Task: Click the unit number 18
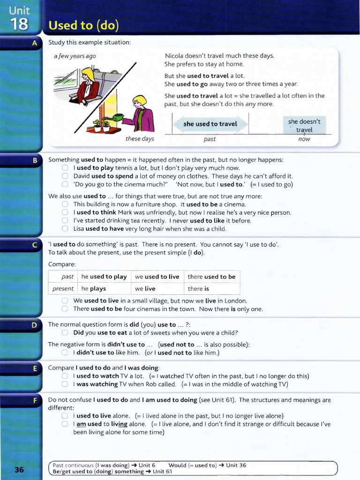20,24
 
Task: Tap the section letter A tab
35,43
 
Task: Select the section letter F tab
35,400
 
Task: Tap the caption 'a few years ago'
75,56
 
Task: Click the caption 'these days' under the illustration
140,139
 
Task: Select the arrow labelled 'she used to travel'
210,124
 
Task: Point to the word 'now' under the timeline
304,139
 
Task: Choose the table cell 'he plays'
94,289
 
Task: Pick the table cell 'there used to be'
211,277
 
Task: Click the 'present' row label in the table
63,289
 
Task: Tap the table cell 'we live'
145,289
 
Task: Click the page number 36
19,469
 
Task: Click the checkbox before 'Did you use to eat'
65,333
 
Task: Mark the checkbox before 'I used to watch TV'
65,376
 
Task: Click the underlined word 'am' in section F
81,424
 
